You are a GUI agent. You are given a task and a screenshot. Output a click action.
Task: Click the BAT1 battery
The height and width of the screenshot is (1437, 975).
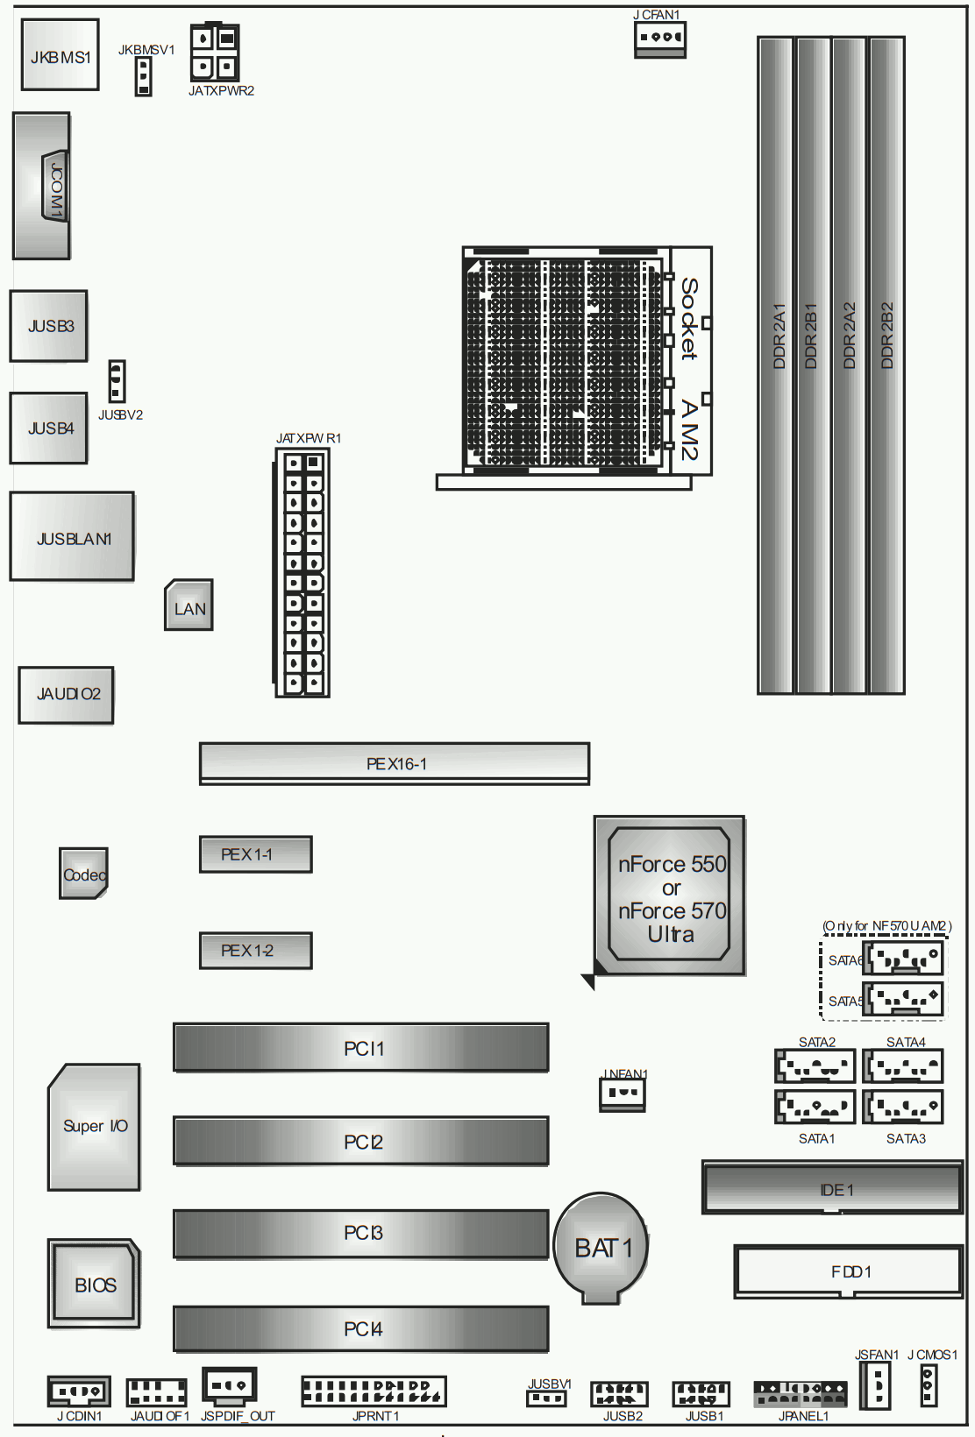click(x=600, y=1248)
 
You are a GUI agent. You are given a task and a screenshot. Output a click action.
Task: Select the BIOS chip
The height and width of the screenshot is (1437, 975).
click(x=94, y=1283)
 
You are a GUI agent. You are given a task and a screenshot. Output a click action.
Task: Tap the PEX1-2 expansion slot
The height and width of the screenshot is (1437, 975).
click(x=255, y=950)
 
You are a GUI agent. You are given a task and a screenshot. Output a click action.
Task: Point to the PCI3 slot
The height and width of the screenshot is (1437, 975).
click(x=360, y=1234)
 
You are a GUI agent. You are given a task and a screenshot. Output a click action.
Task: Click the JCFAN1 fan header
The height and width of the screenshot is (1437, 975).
click(x=660, y=39)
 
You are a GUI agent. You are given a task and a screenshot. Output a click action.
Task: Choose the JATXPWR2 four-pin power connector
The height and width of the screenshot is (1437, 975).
click(x=215, y=53)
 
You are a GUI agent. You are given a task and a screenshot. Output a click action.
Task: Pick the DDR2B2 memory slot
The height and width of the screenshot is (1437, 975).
click(x=887, y=365)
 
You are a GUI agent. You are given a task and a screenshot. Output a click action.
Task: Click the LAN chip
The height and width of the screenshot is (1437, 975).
click(x=189, y=605)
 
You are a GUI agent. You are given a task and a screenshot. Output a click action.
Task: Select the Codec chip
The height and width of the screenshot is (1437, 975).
click(x=83, y=873)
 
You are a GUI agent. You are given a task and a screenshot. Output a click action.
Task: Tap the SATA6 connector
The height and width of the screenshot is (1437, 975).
click(x=902, y=958)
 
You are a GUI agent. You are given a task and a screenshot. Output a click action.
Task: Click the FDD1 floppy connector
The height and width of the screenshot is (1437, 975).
click(x=849, y=1271)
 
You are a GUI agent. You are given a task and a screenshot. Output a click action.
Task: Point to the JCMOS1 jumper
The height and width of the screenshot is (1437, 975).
click(x=929, y=1384)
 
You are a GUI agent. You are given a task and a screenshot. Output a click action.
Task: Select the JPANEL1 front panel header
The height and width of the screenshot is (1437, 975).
click(x=801, y=1394)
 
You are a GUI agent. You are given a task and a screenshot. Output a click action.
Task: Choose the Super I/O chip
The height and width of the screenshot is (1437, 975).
click(x=94, y=1127)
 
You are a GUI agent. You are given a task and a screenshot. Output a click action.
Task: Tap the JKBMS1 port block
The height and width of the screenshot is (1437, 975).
click(x=60, y=54)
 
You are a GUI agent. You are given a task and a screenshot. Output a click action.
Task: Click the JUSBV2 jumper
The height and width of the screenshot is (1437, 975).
click(x=117, y=381)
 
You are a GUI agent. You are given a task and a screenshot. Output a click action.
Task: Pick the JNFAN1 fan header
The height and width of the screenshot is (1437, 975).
click(x=622, y=1094)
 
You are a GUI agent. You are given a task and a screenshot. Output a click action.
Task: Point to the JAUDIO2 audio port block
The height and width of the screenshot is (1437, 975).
click(x=66, y=696)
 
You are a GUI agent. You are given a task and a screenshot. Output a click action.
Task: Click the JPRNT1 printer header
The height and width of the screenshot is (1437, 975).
click(x=374, y=1391)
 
